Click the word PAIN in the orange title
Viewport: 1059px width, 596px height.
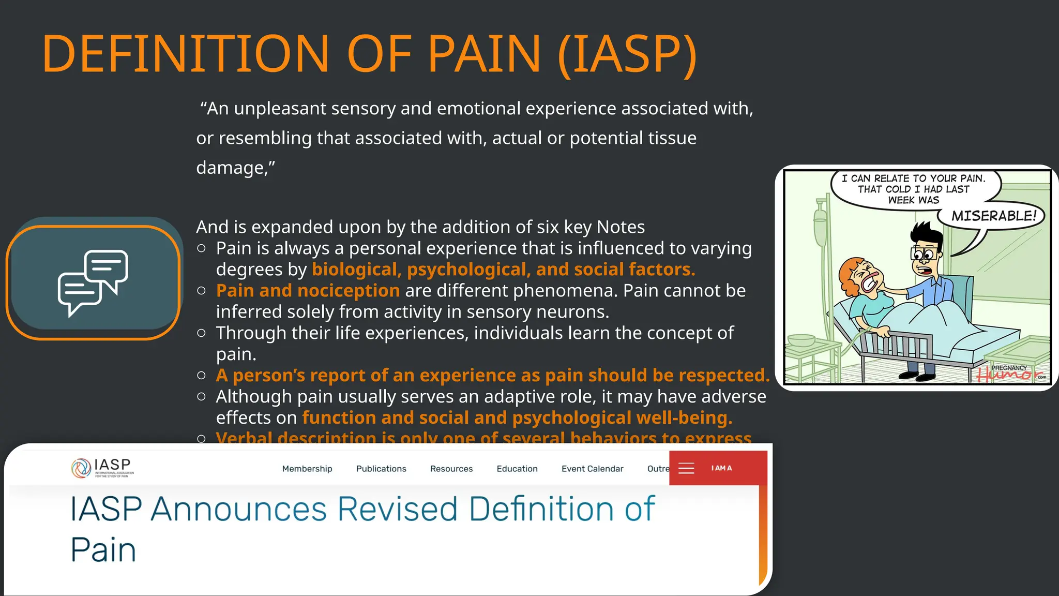coord(484,54)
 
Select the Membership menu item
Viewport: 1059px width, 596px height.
coord(307,469)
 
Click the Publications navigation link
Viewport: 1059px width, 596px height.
coord(381,469)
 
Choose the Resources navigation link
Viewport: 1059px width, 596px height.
coord(451,469)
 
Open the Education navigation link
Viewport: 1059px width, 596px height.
coord(517,469)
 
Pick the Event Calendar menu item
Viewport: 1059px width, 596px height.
coord(593,469)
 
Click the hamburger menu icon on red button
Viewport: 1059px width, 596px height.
coord(686,469)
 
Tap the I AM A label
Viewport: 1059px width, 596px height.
coord(721,468)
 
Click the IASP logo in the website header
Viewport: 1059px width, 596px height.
coord(102,468)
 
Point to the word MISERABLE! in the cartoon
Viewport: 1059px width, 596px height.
coord(994,216)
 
